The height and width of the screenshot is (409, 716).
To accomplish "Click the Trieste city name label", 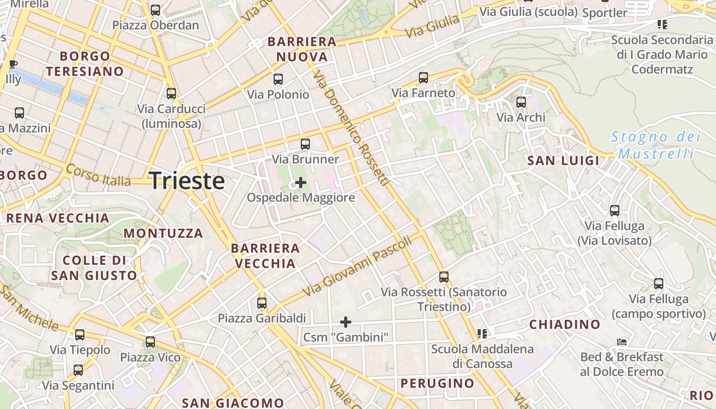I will tap(187, 181).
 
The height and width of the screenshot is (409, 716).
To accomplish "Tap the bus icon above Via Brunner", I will tap(305, 144).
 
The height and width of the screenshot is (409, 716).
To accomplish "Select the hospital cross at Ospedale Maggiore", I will tap(301, 183).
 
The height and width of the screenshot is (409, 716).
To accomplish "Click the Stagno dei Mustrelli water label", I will tap(656, 145).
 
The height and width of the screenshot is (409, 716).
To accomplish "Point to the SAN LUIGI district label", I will tap(563, 161).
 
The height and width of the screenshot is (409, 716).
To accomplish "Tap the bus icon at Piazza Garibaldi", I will tap(262, 303).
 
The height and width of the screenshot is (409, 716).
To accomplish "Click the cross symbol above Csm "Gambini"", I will tap(346, 322).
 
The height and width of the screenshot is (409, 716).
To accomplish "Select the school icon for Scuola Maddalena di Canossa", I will tap(482, 334).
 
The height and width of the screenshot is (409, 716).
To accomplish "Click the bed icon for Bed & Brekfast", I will tap(622, 342).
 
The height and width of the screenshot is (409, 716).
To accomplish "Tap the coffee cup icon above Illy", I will tap(13, 64).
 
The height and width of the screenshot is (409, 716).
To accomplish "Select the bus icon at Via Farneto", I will tap(423, 78).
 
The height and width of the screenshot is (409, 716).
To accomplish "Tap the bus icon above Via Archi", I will tap(521, 102).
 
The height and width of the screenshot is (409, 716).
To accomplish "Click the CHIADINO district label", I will tap(565, 324).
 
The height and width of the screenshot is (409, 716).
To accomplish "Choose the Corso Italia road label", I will tap(98, 175).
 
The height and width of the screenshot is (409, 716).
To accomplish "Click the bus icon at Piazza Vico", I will tap(150, 342).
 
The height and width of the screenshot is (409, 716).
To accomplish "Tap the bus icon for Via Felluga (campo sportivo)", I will tap(659, 284).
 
